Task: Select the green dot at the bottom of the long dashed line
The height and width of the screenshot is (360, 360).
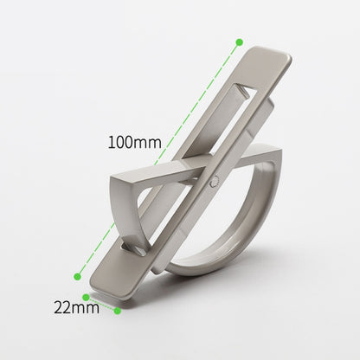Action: click(x=78, y=276)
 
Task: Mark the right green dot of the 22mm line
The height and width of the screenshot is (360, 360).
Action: click(x=119, y=310)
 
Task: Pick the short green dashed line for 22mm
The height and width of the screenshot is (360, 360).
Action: click(x=102, y=304)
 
